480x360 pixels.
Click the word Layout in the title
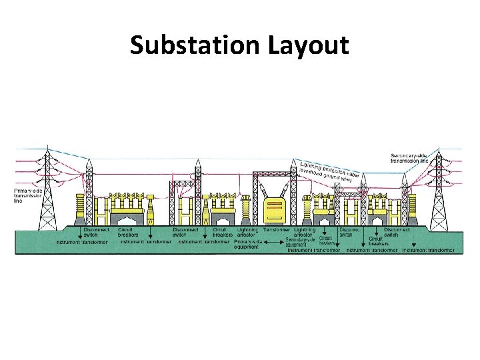(x=309, y=46)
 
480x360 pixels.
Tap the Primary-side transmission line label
(x=28, y=195)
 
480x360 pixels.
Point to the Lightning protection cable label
(x=331, y=171)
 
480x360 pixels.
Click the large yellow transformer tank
(x=273, y=209)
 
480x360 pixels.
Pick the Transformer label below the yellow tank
(x=275, y=230)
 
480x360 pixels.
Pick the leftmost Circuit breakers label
(x=129, y=233)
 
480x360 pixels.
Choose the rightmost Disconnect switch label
(x=396, y=233)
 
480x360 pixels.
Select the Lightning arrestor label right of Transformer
(x=304, y=233)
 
